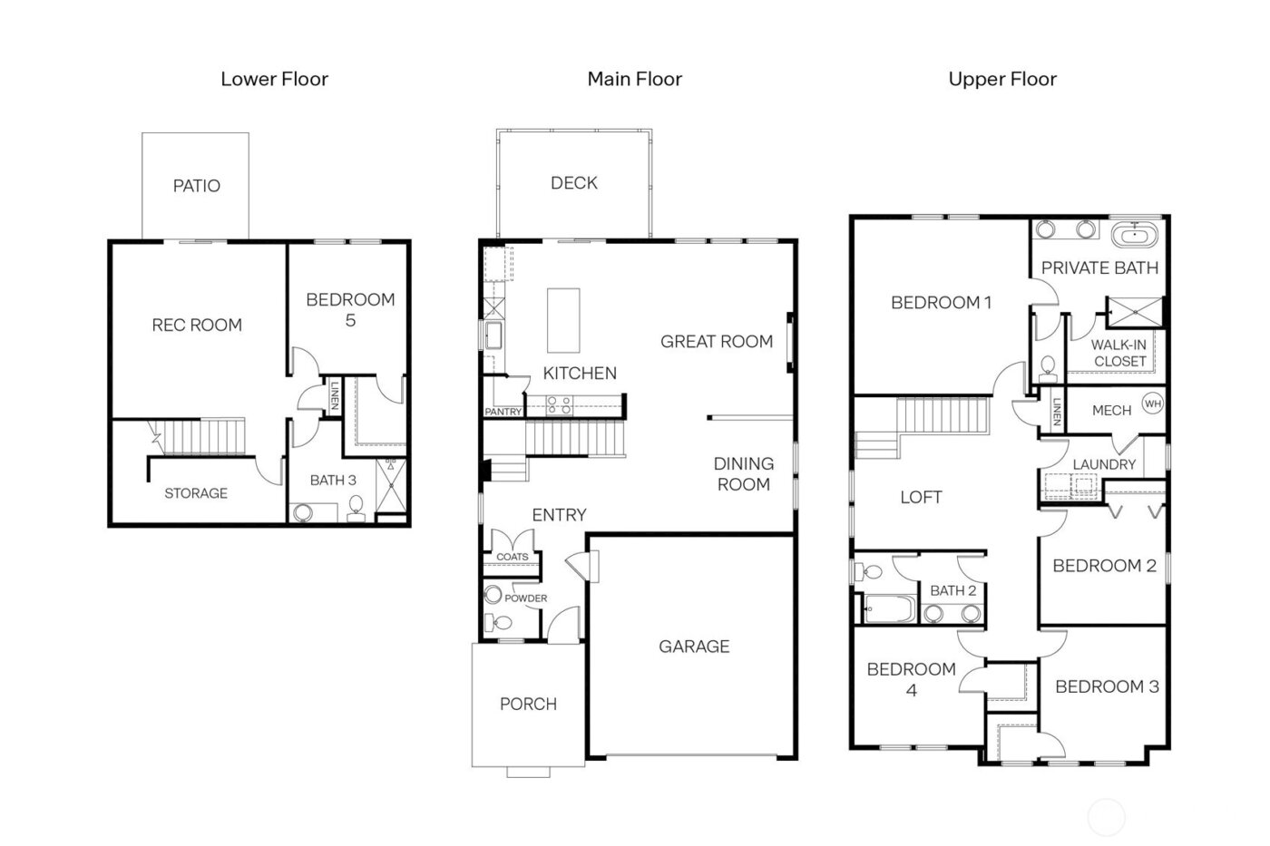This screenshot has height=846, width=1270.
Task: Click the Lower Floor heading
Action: click(x=274, y=80)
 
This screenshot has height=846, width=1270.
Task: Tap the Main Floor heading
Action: click(x=634, y=80)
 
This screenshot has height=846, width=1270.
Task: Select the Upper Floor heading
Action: click(x=1002, y=80)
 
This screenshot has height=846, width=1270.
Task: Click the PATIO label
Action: click(x=196, y=186)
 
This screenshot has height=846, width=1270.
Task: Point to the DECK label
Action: click(x=573, y=183)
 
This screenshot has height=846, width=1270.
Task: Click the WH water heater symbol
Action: click(x=1152, y=404)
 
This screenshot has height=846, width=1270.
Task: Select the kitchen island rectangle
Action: click(x=563, y=320)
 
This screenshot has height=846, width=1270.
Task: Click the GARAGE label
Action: click(x=694, y=647)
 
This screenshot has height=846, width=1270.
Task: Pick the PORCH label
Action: click(x=528, y=704)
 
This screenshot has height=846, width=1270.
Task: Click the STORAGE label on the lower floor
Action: click(x=196, y=493)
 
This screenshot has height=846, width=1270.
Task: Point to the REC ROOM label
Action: click(x=197, y=325)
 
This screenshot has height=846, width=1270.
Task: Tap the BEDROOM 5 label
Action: click(x=350, y=309)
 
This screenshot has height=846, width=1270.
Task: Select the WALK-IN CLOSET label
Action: click(x=1119, y=353)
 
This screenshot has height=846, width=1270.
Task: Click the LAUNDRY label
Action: click(x=1104, y=464)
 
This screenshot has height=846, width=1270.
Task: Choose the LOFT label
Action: click(x=921, y=497)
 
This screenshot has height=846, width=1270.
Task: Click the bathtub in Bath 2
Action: click(x=888, y=608)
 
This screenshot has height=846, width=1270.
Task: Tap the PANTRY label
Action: click(x=503, y=412)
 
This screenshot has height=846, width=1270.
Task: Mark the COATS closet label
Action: click(x=512, y=557)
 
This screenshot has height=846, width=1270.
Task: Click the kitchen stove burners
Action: click(x=558, y=404)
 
